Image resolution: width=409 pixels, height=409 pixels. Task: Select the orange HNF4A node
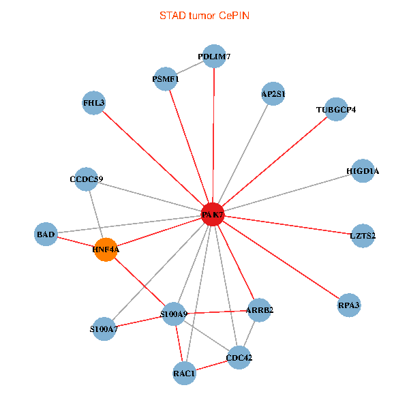(106, 249)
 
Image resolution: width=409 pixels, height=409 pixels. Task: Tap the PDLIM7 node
(214, 57)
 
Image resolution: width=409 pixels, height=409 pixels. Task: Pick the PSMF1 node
(166, 79)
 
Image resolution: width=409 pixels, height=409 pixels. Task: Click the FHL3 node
(93, 103)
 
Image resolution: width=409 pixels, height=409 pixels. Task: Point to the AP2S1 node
(273, 94)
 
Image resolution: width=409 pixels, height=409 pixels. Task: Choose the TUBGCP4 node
(336, 109)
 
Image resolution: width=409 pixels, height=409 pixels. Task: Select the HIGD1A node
(362, 171)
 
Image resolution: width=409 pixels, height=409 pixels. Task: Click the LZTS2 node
(362, 236)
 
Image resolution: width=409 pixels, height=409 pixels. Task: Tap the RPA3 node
(348, 306)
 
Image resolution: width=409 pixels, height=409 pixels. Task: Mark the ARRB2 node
(260, 310)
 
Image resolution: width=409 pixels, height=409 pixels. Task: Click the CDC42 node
(239, 357)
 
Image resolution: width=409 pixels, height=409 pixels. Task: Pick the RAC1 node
(184, 373)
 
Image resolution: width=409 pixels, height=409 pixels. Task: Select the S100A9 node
(173, 314)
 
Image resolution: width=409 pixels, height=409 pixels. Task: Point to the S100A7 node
(104, 330)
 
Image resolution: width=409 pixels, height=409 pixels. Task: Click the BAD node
(46, 234)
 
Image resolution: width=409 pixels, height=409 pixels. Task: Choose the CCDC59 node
(87, 179)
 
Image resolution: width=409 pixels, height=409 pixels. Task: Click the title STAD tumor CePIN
(204, 15)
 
